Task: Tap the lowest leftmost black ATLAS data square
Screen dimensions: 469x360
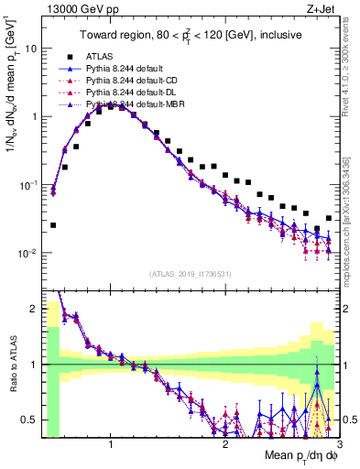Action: coord(53,224)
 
